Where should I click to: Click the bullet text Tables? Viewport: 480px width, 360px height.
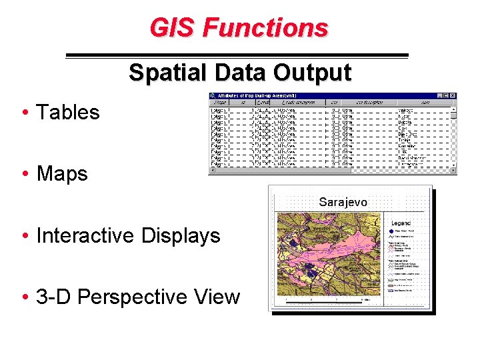point(67,112)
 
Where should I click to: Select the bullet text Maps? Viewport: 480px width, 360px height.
point(62,173)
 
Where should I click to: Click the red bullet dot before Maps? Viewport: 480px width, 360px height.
point(24,175)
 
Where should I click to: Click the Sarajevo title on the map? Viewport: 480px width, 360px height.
point(343,202)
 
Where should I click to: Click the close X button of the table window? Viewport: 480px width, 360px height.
point(453,95)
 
